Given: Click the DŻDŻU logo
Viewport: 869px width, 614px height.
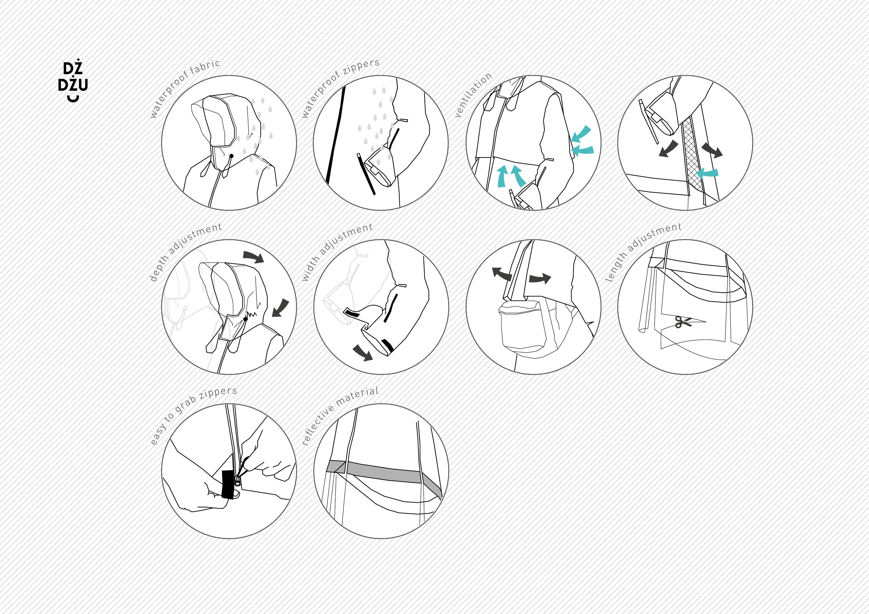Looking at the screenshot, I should coord(73,80).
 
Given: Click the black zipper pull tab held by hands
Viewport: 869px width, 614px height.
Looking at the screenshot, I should coord(228,484).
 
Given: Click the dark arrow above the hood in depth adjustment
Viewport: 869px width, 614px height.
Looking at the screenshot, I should coord(253,256).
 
